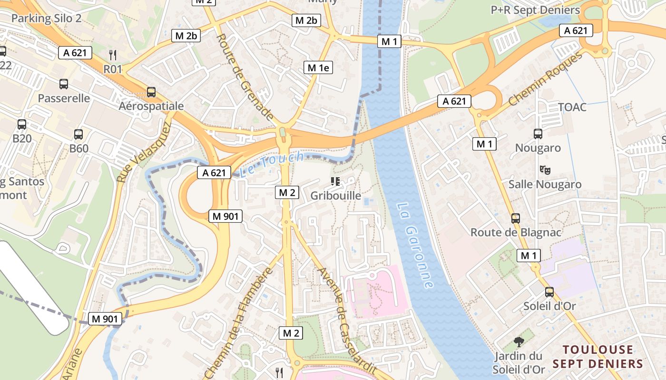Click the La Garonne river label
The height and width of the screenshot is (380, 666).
coord(415,246)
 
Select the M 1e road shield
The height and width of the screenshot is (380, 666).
coord(318,67)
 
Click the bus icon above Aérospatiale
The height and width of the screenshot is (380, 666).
coord(151,92)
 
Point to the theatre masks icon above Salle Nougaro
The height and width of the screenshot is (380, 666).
coord(545,170)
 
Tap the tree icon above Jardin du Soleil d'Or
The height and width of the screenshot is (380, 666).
coord(519,342)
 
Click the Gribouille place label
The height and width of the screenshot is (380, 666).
coord(335,195)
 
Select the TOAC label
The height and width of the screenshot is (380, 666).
coord(572,107)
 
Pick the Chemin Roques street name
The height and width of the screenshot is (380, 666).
coord(545,79)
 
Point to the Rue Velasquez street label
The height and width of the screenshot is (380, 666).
coord(144,152)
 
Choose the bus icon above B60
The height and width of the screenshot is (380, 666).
coord(78,134)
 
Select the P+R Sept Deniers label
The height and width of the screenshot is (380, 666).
coord(535,10)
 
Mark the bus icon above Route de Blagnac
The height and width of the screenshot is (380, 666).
coord(516,218)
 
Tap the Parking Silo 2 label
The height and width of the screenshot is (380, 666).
coord(47,19)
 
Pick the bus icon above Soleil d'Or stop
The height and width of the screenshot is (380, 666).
coord(549,292)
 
